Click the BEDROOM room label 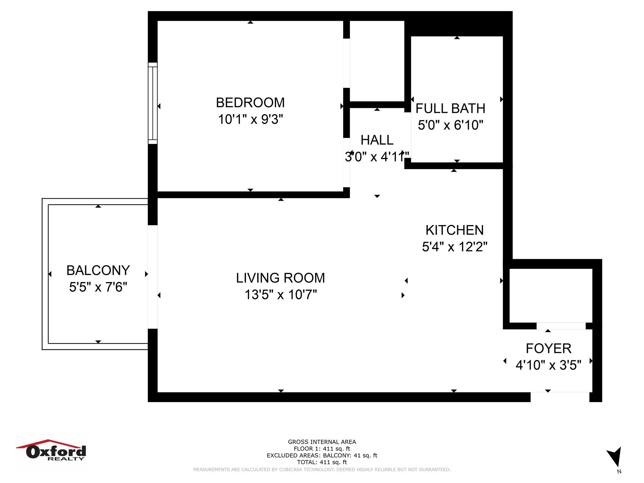click(x=250, y=103)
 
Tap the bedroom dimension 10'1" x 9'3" click(x=251, y=119)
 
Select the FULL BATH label click(x=450, y=108)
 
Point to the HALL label click(x=377, y=140)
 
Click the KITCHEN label click(x=455, y=230)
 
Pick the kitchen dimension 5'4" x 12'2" click(x=455, y=247)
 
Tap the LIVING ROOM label click(x=280, y=278)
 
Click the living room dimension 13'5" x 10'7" click(x=280, y=295)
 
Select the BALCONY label click(x=98, y=270)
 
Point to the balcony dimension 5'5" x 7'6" click(x=98, y=287)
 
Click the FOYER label click(x=548, y=348)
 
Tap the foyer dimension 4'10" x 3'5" click(x=548, y=365)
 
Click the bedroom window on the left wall click(x=153, y=103)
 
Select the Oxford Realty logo click(x=52, y=450)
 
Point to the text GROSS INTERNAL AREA click(x=322, y=442)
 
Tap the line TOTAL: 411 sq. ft click(x=322, y=462)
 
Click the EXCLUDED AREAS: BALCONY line click(x=322, y=455)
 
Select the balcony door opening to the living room click(x=153, y=277)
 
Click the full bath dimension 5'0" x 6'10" click(x=450, y=125)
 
